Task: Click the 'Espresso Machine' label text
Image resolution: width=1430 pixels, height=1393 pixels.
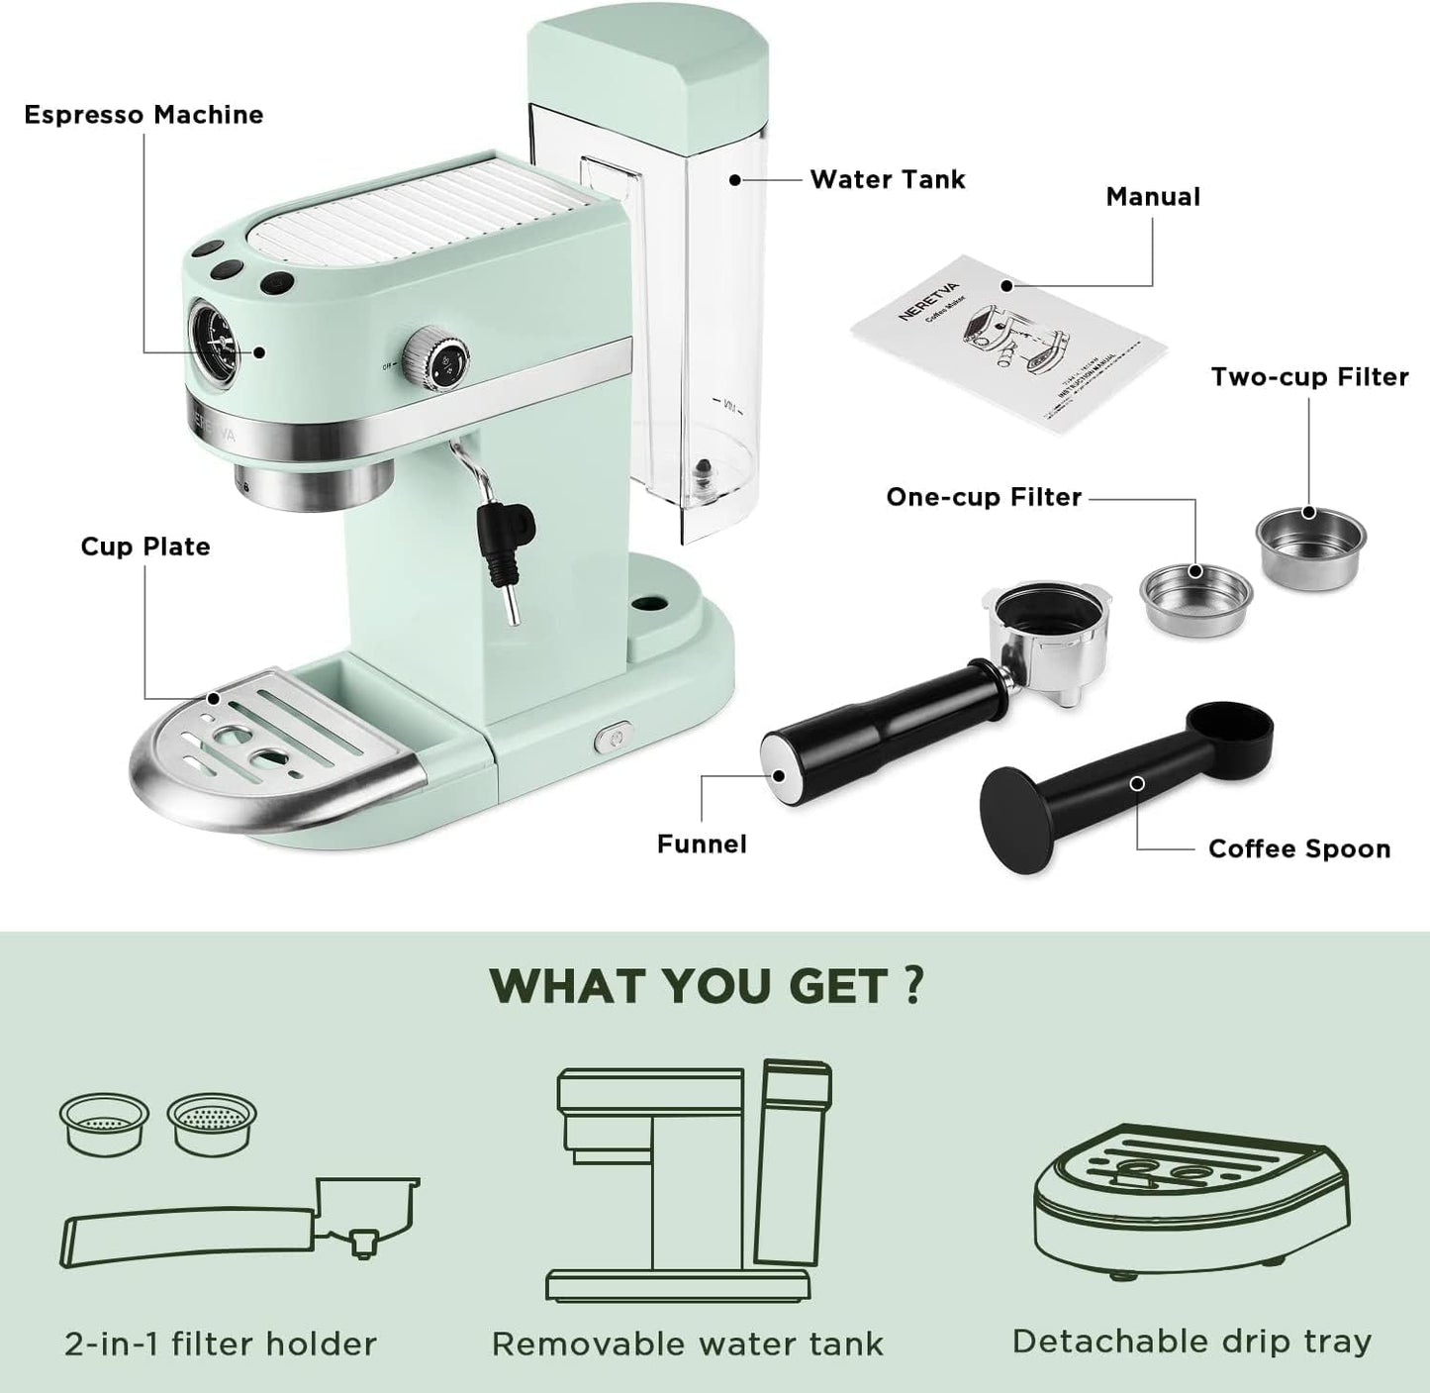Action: tap(143, 115)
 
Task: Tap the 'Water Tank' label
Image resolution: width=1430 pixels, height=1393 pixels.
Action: tap(887, 179)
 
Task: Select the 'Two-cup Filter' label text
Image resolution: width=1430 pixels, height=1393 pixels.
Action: tap(1309, 377)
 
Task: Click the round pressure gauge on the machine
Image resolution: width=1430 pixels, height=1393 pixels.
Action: tap(213, 337)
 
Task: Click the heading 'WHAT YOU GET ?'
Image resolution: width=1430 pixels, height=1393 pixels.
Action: tap(708, 985)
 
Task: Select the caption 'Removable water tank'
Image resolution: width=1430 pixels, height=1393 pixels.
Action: tap(687, 1343)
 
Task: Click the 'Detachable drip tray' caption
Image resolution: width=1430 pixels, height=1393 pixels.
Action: tap(1192, 1341)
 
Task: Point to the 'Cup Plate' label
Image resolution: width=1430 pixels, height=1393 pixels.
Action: tap(145, 547)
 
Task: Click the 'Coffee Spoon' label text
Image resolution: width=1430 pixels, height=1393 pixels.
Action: tap(1298, 848)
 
